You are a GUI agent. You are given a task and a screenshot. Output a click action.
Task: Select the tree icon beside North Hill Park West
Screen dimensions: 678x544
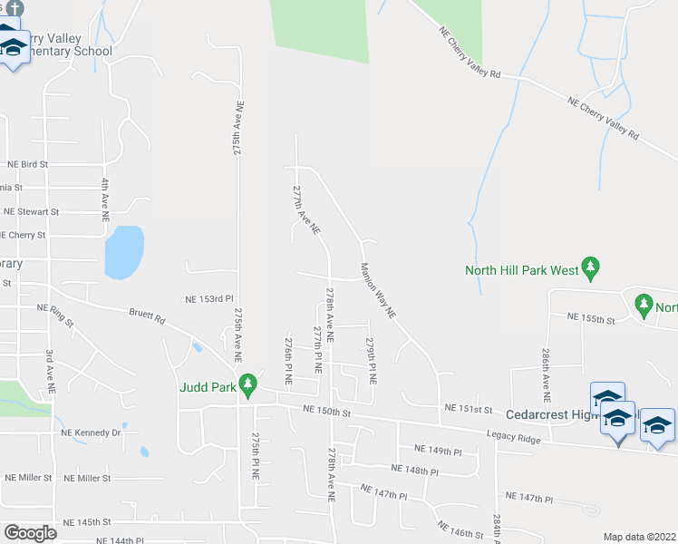coord(591,268)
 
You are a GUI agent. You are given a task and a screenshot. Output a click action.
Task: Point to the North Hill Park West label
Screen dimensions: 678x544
coord(521,269)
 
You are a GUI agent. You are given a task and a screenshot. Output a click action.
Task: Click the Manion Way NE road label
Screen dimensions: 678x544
coord(378,289)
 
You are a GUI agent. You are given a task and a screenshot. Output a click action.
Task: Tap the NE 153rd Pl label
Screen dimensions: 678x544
coord(209,298)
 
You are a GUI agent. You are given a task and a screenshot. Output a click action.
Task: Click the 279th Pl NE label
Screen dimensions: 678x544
coord(371,360)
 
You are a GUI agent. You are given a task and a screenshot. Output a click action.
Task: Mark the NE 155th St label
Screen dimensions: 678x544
coord(591,318)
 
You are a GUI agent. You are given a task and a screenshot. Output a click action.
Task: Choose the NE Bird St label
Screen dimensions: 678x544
coord(27,165)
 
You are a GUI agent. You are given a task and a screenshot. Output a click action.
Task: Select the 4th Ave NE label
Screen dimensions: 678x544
coord(106,200)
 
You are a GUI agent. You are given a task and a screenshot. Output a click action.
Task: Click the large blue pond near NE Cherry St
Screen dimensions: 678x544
coord(123,252)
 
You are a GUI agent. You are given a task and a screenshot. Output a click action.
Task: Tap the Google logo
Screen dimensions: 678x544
coord(30,532)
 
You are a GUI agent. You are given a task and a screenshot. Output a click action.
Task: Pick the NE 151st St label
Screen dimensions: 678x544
coord(468,408)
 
